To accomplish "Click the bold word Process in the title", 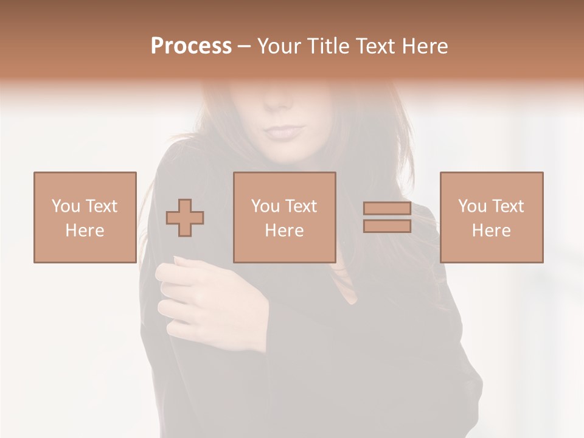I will tap(191, 46).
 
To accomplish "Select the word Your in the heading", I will tap(279, 46).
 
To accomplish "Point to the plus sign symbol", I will tap(185, 218).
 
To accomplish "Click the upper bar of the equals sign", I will tap(387, 208).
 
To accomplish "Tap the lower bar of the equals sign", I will tap(387, 226).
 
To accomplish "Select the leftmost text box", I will tap(85, 217).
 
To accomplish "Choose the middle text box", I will tap(284, 217).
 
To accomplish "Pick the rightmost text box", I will tap(491, 217).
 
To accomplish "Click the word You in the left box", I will tap(66, 206).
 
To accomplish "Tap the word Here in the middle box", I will tap(284, 231).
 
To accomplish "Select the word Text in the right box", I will tap(507, 206).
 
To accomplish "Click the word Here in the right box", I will tap(491, 231).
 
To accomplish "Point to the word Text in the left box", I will tap(101, 206).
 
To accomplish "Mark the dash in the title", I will tap(244, 46).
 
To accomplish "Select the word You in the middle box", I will tap(265, 206).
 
